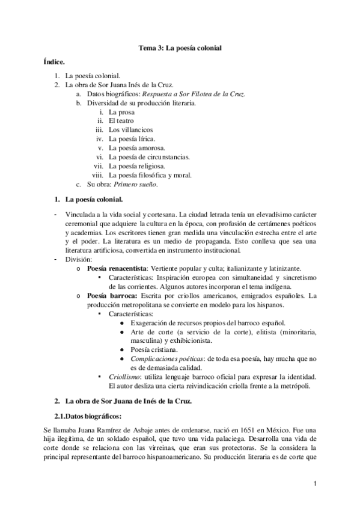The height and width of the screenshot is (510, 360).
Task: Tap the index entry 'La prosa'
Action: click(121, 112)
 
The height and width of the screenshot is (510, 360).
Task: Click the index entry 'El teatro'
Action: click(121, 121)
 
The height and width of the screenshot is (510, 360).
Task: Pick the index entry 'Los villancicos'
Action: click(130, 130)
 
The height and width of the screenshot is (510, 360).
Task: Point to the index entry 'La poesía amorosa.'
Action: click(137, 148)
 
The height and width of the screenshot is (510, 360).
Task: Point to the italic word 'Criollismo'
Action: click(126, 376)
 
